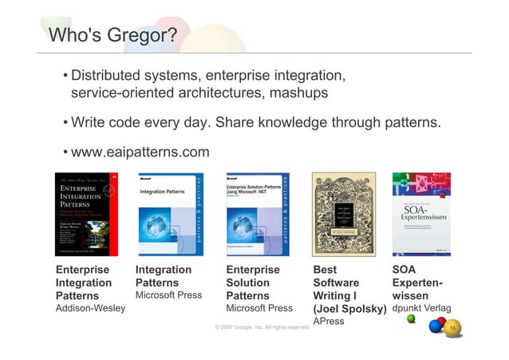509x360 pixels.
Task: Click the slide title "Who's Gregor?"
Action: (x=112, y=36)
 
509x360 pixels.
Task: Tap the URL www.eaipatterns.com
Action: (x=140, y=152)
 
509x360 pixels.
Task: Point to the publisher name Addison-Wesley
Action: (x=88, y=310)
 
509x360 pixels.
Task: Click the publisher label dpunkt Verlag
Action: (x=422, y=309)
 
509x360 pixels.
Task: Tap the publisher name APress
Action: (x=329, y=322)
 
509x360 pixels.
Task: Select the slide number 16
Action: (x=453, y=328)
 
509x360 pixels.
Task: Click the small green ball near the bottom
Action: (x=411, y=318)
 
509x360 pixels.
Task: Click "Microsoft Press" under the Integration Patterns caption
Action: (x=168, y=295)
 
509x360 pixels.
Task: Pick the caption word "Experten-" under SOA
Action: (x=418, y=283)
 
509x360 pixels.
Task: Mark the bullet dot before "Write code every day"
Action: (x=64, y=124)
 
